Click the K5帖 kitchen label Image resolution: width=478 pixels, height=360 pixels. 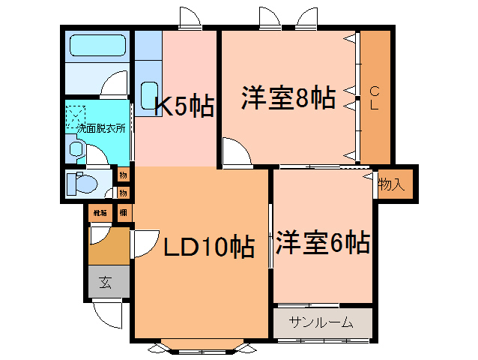pos(184,106)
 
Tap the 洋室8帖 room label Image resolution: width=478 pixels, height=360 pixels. pos(288,98)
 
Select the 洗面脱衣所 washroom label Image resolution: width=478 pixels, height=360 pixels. pos(100,128)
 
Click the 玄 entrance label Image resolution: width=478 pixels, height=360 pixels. pos(106,283)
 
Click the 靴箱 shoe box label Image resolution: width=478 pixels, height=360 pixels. pos(99,213)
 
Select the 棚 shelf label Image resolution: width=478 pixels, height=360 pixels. pos(121,213)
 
